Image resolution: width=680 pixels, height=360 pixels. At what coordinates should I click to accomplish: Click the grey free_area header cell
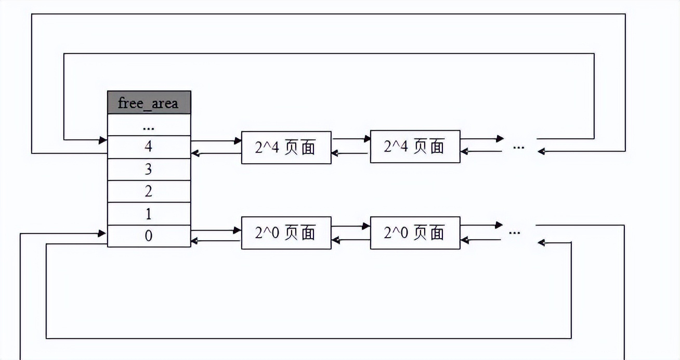(149, 102)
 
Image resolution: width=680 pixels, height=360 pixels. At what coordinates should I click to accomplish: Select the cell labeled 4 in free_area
(149, 147)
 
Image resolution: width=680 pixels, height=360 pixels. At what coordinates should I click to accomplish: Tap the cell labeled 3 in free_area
(149, 169)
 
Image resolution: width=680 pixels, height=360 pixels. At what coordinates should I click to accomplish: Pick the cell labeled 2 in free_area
(149, 191)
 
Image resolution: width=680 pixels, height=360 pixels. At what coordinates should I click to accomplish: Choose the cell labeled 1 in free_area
(149, 213)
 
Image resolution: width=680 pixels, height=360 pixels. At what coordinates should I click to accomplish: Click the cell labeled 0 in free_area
(149, 236)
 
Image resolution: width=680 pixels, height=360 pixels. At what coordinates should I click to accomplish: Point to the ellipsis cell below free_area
(149, 125)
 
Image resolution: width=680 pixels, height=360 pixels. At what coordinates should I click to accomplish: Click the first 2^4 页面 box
(286, 147)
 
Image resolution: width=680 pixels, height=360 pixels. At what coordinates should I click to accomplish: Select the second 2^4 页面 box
(415, 147)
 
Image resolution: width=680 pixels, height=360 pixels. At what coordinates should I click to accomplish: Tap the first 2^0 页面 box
(286, 233)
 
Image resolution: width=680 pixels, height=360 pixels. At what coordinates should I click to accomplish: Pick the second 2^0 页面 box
(415, 233)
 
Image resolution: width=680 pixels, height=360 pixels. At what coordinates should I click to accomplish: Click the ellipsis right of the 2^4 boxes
(518, 147)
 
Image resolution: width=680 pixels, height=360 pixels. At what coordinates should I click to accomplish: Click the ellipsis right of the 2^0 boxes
(514, 233)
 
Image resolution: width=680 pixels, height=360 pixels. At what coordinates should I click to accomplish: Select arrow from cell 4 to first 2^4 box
(216, 140)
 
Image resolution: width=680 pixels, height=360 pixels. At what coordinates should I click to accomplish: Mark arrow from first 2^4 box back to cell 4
(216, 153)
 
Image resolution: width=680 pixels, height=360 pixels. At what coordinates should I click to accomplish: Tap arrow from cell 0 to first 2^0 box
(216, 230)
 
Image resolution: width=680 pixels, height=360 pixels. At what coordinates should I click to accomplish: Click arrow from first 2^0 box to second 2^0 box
(351, 226)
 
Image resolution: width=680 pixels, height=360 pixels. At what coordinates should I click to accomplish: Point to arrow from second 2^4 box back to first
(351, 153)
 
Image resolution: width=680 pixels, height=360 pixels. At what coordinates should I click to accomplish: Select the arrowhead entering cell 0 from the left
(102, 234)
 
